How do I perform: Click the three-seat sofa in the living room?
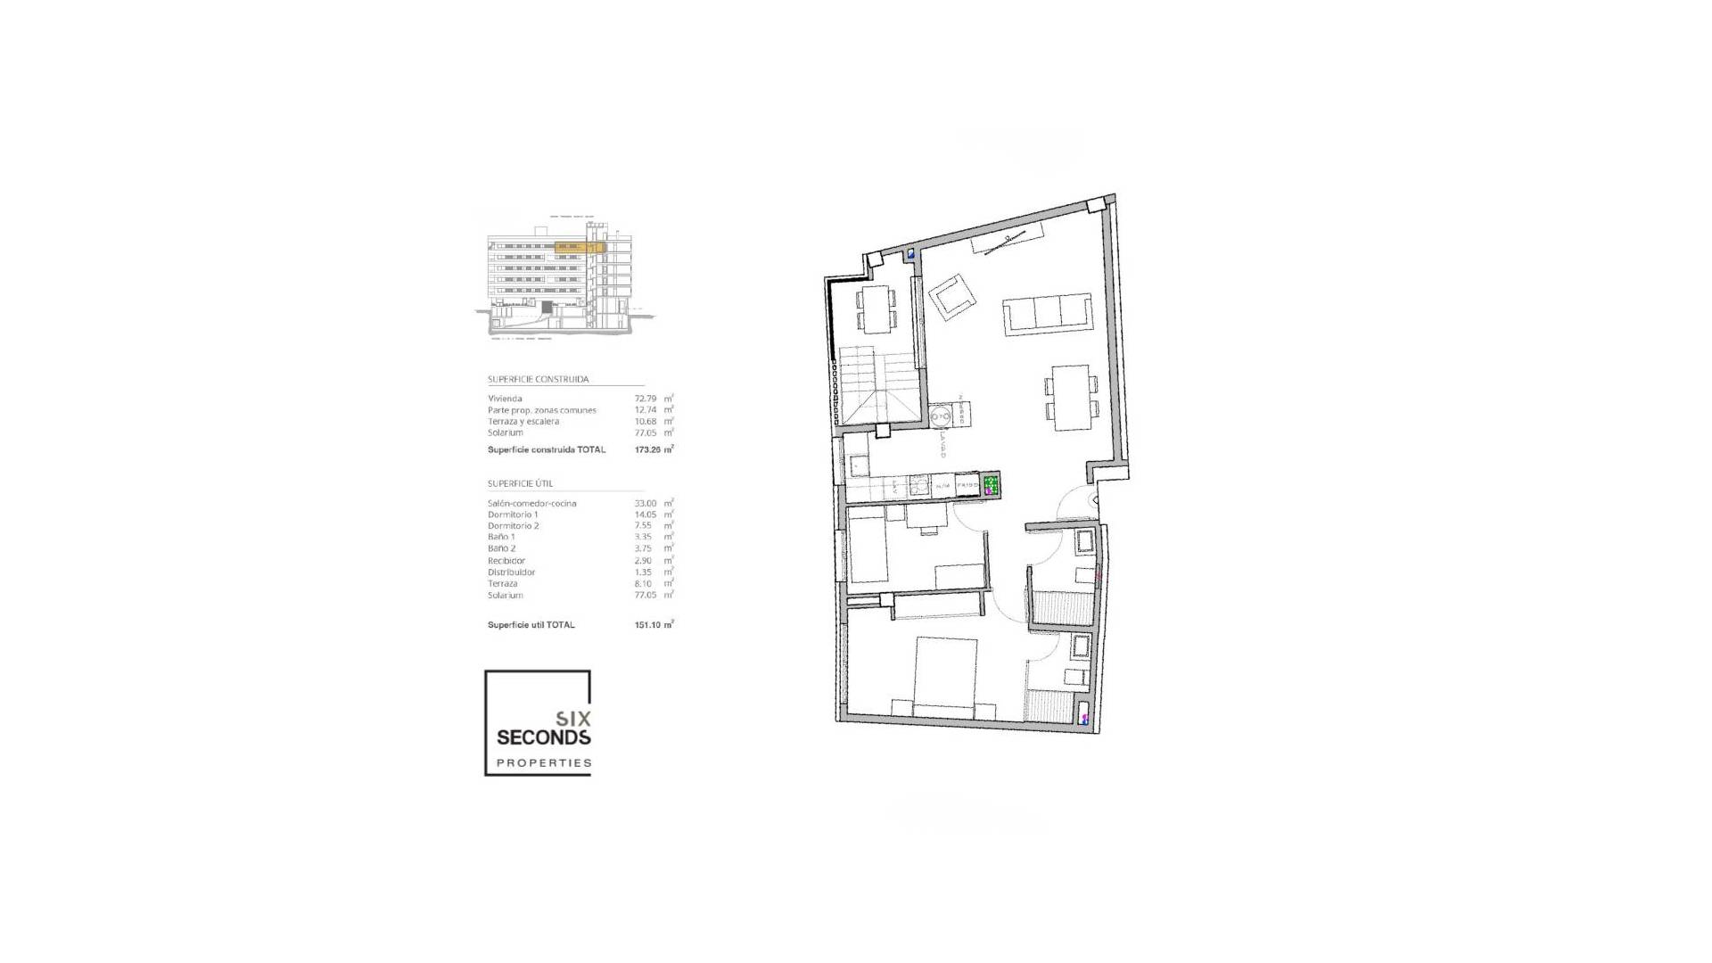point(1047,314)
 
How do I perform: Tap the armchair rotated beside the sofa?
point(952,297)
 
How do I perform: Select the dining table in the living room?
point(1071,397)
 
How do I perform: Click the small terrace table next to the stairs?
point(876,308)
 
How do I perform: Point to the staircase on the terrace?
point(876,383)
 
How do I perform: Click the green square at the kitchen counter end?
point(991,485)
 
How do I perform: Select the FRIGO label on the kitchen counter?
point(967,485)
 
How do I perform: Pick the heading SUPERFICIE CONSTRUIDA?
point(538,379)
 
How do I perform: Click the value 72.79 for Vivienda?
point(646,399)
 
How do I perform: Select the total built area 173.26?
point(647,449)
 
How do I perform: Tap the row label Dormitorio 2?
point(513,526)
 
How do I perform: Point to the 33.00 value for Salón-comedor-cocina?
point(645,503)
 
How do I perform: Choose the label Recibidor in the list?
point(506,561)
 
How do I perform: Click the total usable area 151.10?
point(647,625)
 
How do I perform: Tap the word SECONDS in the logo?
point(543,737)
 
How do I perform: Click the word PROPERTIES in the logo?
point(543,763)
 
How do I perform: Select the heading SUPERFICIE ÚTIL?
point(520,483)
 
